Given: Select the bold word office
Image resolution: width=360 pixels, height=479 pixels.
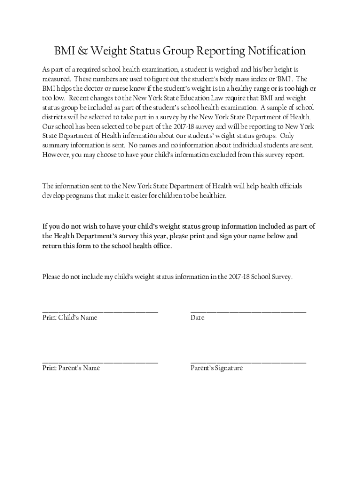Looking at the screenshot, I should tap(160, 246).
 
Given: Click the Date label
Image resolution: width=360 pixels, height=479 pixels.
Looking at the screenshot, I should tap(197, 318).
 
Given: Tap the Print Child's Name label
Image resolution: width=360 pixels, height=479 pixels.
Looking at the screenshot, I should tap(70, 318).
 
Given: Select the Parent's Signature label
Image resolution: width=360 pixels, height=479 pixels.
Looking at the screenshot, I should tap(216, 368).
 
